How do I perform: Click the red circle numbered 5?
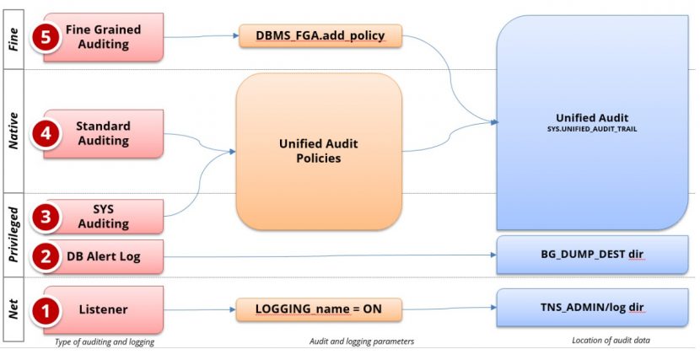tap(46, 37)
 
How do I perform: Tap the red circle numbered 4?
tap(46, 133)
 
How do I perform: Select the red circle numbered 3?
tap(46, 217)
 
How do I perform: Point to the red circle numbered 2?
tap(46, 256)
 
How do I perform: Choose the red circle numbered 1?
tap(46, 309)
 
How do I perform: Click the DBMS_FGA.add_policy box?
tap(320, 35)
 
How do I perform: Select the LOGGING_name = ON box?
tap(319, 309)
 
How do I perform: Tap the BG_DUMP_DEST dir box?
tap(592, 255)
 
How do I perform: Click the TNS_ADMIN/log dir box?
tap(592, 308)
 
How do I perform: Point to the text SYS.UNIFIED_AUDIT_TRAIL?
tap(592, 129)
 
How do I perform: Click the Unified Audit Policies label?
tap(318, 151)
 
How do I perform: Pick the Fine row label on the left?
tap(13, 40)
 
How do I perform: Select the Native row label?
tap(13, 131)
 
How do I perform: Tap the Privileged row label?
tap(13, 235)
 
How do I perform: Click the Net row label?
tap(13, 309)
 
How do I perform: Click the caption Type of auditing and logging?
tap(105, 342)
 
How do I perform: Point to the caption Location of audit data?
tap(611, 341)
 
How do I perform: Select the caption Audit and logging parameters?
tap(362, 341)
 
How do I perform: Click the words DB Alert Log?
tap(104, 256)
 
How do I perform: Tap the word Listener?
tap(104, 309)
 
